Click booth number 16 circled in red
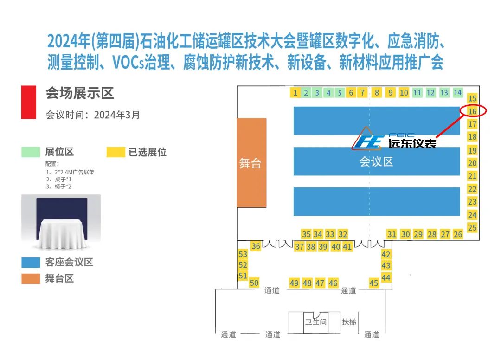472,111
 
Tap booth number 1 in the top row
295,93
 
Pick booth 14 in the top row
458,92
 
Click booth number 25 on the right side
472,227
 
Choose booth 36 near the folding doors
256,246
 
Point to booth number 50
254,283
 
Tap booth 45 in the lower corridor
374,283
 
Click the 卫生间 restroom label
316,322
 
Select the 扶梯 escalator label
349,321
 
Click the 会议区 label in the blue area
376,162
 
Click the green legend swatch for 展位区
31,152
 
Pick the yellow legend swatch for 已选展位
116,152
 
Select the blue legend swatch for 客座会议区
31,262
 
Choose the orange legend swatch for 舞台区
31,279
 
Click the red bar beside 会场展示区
28,102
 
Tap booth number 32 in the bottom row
343,234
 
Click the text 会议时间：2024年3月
92,115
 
